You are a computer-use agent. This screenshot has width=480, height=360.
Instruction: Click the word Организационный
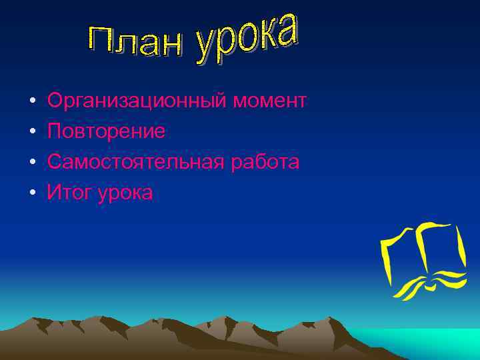[x=137, y=101]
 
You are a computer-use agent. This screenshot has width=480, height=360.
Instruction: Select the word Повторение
[x=106, y=131]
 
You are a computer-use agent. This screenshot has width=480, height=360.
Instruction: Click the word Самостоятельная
[x=137, y=162]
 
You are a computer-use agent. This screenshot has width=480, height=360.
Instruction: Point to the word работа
[x=266, y=162]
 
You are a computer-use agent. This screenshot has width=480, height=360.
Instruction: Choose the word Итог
[x=69, y=193]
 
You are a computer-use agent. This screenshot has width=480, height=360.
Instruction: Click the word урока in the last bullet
[x=126, y=193]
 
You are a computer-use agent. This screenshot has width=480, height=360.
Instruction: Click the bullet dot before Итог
[x=31, y=194]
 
